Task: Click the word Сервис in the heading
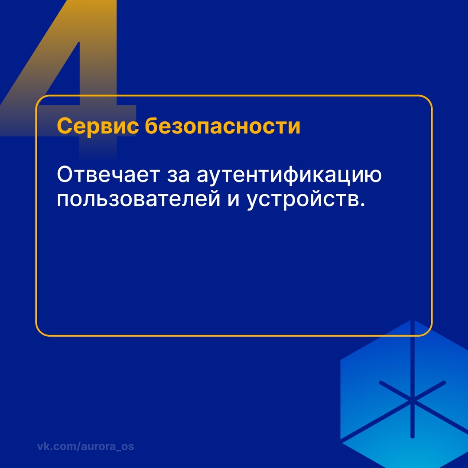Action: click(x=98, y=127)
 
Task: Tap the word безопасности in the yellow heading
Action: click(x=223, y=127)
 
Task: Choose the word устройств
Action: click(x=301, y=201)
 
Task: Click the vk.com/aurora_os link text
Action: click(x=85, y=446)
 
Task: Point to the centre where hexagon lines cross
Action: click(x=413, y=400)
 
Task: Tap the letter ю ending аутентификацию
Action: click(x=374, y=176)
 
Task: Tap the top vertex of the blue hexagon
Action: click(x=413, y=321)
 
